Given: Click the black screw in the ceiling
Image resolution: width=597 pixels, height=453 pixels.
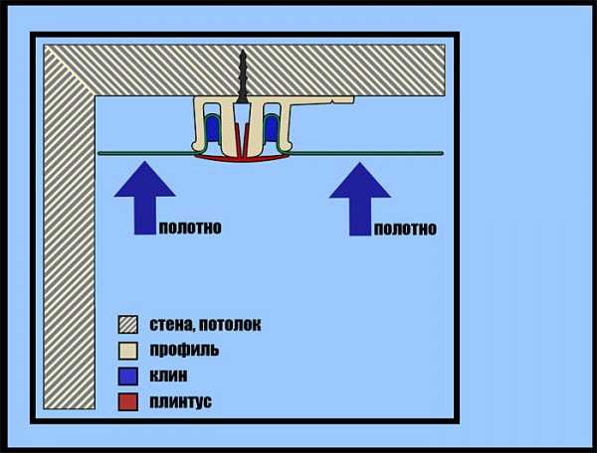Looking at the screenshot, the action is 243,76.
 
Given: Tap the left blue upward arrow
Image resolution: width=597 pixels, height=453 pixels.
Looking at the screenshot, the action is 144,198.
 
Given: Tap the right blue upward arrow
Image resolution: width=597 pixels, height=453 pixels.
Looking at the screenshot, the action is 360,199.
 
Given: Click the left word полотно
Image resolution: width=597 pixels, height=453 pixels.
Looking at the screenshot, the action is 190,228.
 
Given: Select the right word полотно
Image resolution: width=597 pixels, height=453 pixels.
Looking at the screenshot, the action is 406,229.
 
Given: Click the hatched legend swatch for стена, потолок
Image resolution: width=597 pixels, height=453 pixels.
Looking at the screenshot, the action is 128,324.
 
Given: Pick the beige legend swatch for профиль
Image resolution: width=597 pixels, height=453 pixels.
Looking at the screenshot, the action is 128,350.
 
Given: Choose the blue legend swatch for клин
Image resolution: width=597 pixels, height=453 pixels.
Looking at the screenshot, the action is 128,376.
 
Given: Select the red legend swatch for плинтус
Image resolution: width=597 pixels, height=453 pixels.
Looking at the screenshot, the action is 128,401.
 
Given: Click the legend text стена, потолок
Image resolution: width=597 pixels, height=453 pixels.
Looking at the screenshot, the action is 205,325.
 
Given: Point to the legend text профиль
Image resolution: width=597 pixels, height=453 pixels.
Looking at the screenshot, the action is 184,350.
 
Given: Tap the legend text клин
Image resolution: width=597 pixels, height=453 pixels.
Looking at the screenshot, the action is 168,376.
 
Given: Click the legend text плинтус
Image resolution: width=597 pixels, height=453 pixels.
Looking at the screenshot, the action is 180,401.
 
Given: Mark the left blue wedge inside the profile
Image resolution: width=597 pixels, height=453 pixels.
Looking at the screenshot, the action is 213,128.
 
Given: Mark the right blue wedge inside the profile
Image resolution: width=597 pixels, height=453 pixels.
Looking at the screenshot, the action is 272,128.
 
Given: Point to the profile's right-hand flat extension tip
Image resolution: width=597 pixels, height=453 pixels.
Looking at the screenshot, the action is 353,99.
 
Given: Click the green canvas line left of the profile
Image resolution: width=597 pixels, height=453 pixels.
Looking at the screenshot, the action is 146,153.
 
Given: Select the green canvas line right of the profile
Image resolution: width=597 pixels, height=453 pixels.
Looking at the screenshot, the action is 366,153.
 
